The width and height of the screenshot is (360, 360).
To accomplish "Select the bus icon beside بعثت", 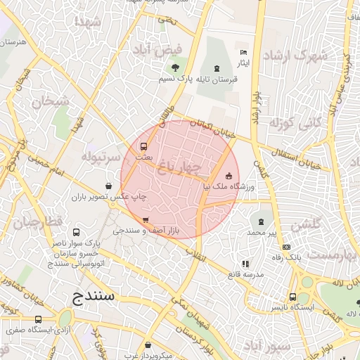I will (143, 147).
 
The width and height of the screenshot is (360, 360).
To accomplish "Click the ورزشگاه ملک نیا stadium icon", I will (228, 176).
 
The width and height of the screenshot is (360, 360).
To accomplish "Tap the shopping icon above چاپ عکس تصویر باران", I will (108, 186).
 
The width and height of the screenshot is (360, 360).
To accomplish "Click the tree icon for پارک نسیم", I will (174, 68).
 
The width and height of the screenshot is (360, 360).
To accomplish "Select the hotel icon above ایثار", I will (243, 53).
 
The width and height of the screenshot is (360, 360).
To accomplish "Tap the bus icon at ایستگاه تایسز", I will (292, 297).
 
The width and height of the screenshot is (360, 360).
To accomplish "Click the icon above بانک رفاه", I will (286, 247).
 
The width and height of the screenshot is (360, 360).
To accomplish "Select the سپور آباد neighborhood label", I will (265, 347).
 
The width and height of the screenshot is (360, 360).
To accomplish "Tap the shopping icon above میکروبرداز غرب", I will (150, 345).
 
